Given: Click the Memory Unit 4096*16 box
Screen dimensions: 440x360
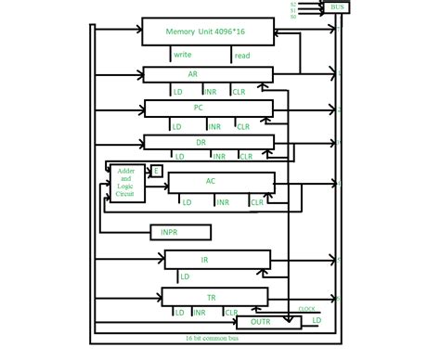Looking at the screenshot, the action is [x=209, y=32].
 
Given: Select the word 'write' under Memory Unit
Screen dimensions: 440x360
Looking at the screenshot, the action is [x=183, y=56].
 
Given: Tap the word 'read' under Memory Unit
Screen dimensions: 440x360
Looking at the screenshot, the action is [x=241, y=56].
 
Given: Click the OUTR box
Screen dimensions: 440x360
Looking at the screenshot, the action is [x=263, y=323].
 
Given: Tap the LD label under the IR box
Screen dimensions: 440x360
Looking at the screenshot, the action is [x=186, y=276].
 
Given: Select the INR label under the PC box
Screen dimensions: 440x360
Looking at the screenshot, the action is [x=214, y=126].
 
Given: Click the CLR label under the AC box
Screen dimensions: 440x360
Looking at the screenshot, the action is [x=257, y=201].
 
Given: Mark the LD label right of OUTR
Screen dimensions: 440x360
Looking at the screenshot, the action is [x=317, y=321].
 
